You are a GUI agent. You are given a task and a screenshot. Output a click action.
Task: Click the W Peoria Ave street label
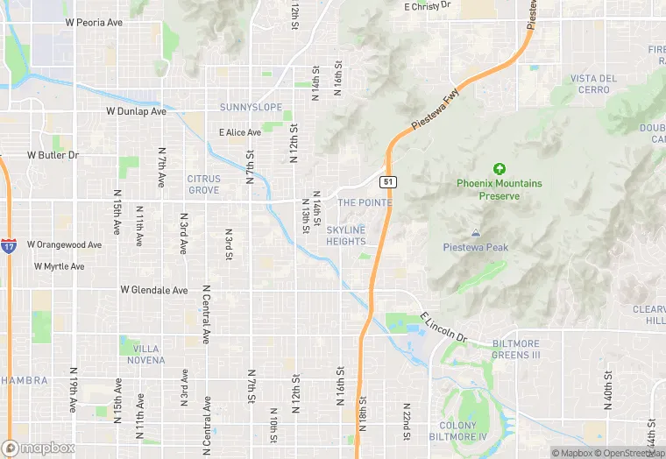click(x=94, y=22)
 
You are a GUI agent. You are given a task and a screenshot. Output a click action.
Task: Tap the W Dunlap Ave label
click(x=136, y=112)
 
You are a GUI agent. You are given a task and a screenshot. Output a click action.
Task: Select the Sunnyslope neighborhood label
click(x=251, y=108)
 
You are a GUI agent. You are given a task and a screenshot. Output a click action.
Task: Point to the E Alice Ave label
click(x=240, y=133)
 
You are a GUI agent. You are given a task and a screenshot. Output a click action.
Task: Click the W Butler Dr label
click(x=53, y=155)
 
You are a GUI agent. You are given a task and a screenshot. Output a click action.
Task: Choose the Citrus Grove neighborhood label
click(x=203, y=184)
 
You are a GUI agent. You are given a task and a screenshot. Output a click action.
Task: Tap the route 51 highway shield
click(x=386, y=182)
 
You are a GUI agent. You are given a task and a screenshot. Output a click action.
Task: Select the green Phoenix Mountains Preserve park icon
click(x=499, y=168)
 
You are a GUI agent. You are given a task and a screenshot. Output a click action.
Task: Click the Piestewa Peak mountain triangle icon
click(x=476, y=233)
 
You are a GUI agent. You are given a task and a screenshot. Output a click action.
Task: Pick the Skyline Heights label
click(x=345, y=236)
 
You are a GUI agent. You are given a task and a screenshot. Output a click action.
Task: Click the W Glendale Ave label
click(x=154, y=290)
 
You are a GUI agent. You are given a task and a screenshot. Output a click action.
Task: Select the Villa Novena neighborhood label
click(x=144, y=354)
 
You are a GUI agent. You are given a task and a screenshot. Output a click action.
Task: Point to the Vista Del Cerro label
click(x=593, y=84)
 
